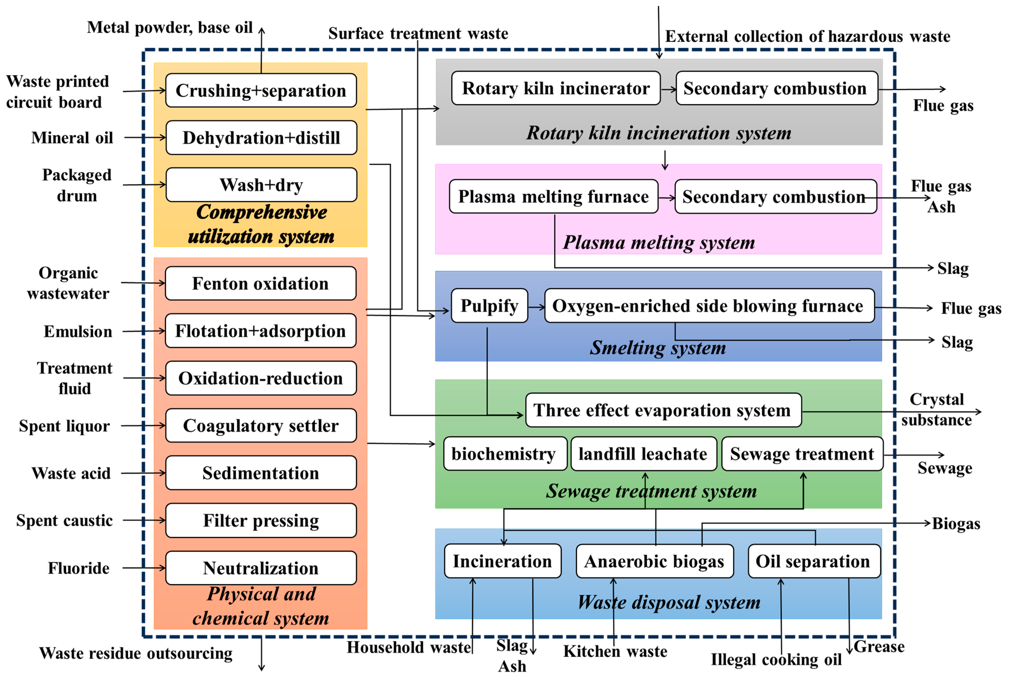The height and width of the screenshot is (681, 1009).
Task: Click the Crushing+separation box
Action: [x=261, y=90]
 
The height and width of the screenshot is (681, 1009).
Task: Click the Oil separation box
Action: [x=813, y=561]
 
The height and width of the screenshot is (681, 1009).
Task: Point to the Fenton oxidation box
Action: [x=260, y=283]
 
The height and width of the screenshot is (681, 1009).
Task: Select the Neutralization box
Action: [x=260, y=568]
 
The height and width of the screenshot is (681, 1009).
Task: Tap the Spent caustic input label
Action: [x=64, y=520]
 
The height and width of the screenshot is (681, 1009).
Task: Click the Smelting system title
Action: [x=658, y=347]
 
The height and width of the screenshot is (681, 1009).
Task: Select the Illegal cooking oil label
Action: [x=776, y=659]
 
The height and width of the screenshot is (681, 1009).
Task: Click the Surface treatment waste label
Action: [x=418, y=33]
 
